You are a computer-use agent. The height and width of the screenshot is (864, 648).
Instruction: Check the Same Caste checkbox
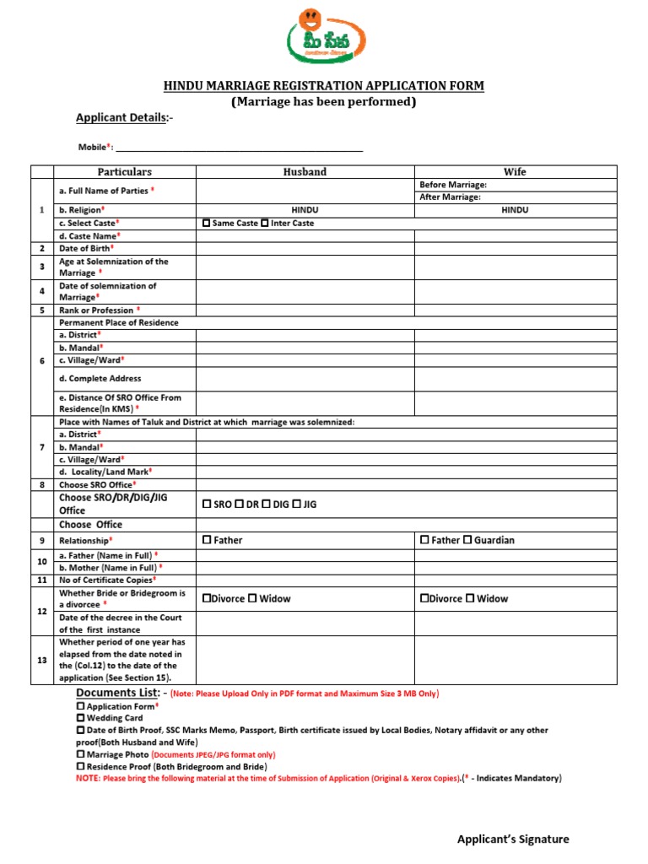207,224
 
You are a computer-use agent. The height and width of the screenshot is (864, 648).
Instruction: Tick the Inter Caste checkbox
265,224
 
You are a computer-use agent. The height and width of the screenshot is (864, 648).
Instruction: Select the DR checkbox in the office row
240,505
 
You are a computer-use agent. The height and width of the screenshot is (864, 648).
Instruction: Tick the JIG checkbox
297,505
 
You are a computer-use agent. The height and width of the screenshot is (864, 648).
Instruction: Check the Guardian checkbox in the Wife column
468,540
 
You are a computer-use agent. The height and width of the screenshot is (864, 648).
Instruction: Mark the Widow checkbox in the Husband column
252,599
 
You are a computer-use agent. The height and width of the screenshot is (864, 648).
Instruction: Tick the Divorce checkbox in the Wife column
424,599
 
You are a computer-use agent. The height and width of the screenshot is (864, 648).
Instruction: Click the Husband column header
305,172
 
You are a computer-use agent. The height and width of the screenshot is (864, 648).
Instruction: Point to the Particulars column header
124,172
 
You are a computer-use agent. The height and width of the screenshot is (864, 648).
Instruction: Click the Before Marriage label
452,185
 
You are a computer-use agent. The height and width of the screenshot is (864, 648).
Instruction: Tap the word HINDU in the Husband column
305,210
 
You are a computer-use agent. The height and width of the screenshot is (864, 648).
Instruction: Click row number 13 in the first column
42,660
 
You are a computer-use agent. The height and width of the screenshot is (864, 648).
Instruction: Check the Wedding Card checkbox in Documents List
80,718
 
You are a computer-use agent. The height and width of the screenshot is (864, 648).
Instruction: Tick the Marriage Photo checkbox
80,754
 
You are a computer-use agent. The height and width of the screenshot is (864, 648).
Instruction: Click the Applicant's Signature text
513,839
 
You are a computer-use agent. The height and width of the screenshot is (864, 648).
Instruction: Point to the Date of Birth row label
86,249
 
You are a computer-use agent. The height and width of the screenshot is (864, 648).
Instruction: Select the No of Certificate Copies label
106,580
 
